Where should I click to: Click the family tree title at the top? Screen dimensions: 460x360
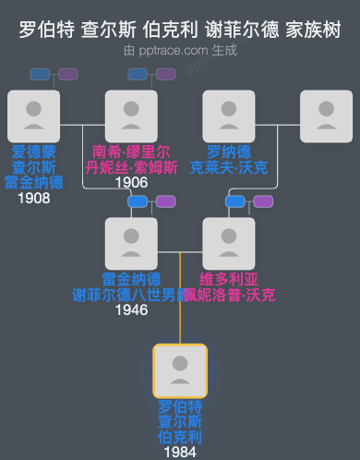[x=180, y=30]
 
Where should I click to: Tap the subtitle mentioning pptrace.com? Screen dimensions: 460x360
[x=180, y=50]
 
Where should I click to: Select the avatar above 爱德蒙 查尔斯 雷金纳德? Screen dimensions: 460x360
[x=33, y=116]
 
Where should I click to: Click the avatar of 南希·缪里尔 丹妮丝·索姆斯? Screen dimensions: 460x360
[x=131, y=116]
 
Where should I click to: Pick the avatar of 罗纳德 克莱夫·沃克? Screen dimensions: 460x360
[x=228, y=116]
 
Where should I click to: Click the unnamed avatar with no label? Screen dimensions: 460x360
[x=327, y=116]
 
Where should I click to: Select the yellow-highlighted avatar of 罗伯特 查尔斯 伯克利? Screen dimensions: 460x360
[x=180, y=371]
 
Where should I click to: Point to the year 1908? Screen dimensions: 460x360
[x=33, y=198]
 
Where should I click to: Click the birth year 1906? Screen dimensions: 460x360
[x=131, y=182]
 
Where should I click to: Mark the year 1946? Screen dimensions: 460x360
[x=131, y=310]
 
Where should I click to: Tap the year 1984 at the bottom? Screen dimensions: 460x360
[x=180, y=453]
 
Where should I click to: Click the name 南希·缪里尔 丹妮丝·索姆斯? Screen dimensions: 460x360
[x=131, y=159]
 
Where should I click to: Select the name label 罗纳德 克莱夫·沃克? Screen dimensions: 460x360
[x=228, y=159]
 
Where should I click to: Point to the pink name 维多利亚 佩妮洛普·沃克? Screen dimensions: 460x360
[x=229, y=286]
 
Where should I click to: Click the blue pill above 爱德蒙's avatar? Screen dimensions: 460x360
[x=41, y=74]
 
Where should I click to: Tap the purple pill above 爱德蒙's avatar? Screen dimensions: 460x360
[x=68, y=74]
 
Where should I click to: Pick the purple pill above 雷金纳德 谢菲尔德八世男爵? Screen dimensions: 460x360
[x=166, y=201]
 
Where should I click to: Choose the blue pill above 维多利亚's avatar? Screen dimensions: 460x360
[x=235, y=201]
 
